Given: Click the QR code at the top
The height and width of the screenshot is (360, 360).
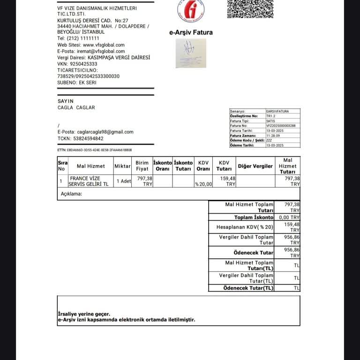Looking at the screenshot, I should [x=250, y=8].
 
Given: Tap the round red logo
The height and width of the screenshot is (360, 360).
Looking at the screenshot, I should [x=191, y=10].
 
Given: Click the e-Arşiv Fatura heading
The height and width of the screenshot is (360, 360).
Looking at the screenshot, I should [x=191, y=32].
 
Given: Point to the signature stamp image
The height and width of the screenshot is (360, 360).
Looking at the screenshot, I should [x=191, y=53].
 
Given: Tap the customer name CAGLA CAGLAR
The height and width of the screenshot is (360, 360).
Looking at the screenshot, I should [x=76, y=107].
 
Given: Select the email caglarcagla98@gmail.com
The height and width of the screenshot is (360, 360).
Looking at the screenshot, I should [x=105, y=132].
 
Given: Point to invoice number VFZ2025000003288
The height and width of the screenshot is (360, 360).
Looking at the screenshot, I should [x=281, y=126].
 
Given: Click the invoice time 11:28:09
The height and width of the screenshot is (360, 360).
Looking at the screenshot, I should [x=273, y=135].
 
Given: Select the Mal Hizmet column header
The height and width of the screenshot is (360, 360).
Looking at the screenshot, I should [x=90, y=166].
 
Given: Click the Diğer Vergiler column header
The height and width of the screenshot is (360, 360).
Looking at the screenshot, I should [x=255, y=166].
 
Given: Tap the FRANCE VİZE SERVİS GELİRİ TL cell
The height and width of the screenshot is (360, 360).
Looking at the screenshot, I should [x=89, y=181].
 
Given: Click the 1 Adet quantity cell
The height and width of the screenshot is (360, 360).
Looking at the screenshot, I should [x=124, y=181].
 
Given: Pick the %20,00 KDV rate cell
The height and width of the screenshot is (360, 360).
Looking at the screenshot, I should [x=203, y=184].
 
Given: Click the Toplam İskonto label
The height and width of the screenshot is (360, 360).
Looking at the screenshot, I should [x=254, y=217].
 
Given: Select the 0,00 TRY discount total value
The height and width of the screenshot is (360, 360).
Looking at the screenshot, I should [x=289, y=217].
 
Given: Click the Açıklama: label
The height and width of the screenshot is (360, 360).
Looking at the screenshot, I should [x=71, y=194].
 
